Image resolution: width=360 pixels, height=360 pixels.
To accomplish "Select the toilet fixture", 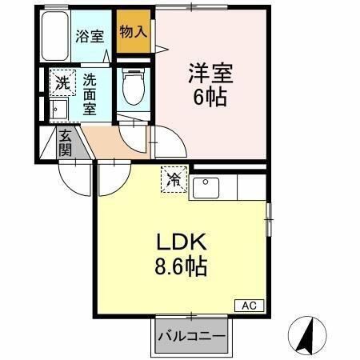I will (x=132, y=87).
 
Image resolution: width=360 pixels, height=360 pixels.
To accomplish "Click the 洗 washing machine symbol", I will (x=62, y=82).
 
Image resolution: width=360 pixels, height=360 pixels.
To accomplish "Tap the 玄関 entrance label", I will (x=65, y=142).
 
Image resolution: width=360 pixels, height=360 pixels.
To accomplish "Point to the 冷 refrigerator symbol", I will (x=173, y=179).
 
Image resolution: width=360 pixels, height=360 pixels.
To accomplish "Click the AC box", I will (x=249, y=305).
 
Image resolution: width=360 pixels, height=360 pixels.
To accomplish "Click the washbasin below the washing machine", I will (x=58, y=110).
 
